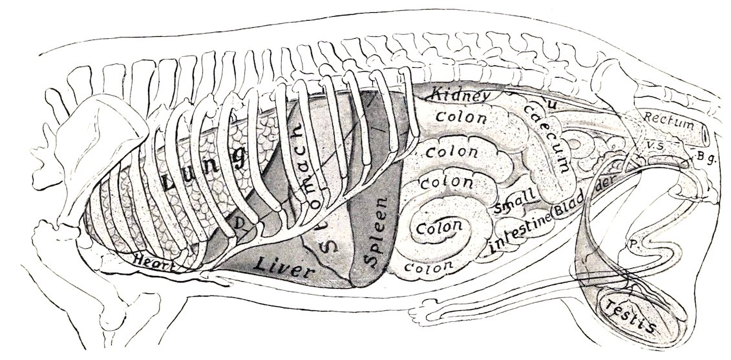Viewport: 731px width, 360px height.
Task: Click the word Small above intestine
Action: pos(514,202)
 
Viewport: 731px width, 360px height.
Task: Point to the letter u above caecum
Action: pos(551,103)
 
